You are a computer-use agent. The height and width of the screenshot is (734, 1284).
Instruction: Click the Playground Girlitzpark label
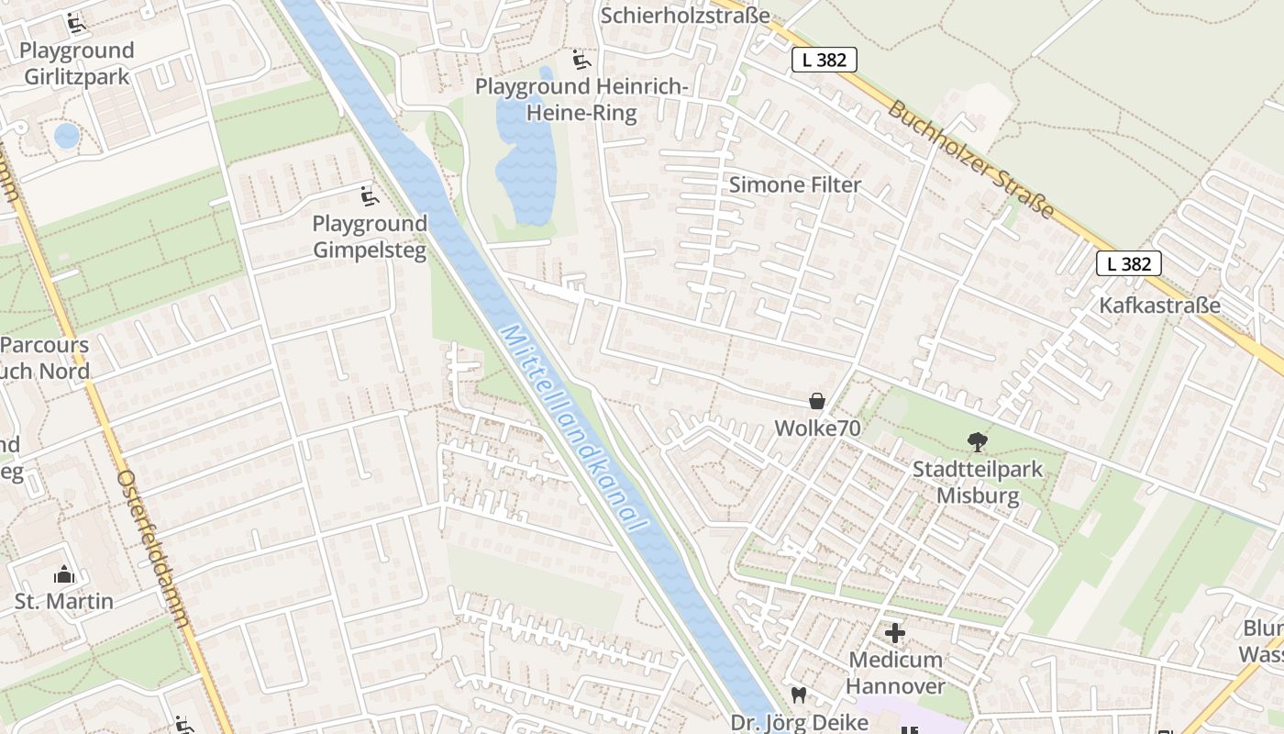77,63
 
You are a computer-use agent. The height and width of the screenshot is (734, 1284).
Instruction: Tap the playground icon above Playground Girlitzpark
77,23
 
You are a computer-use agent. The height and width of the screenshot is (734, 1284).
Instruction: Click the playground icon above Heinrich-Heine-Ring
581,60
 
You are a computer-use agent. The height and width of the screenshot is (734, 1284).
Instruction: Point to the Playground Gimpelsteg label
370,237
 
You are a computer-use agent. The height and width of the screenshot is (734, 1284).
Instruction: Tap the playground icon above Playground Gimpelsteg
369,195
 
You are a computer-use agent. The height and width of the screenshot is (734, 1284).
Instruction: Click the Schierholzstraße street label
685,16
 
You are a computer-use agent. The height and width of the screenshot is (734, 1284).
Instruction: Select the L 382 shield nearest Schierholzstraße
824,60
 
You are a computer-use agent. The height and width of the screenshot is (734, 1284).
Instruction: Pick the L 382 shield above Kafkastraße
1128,263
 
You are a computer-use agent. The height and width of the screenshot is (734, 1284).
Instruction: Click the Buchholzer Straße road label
970,159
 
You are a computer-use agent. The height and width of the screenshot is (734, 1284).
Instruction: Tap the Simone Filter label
795,184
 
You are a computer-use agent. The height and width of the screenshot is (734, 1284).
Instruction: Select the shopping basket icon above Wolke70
816,401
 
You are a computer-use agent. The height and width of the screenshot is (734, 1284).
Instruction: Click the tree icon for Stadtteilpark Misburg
978,442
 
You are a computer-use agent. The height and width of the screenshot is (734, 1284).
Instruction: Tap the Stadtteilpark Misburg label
978,483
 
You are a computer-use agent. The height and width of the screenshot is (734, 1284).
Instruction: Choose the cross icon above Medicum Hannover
894,633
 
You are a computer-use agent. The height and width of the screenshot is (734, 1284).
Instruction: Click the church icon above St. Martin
64,574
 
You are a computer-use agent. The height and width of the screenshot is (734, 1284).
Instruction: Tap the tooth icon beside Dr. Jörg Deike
798,695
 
